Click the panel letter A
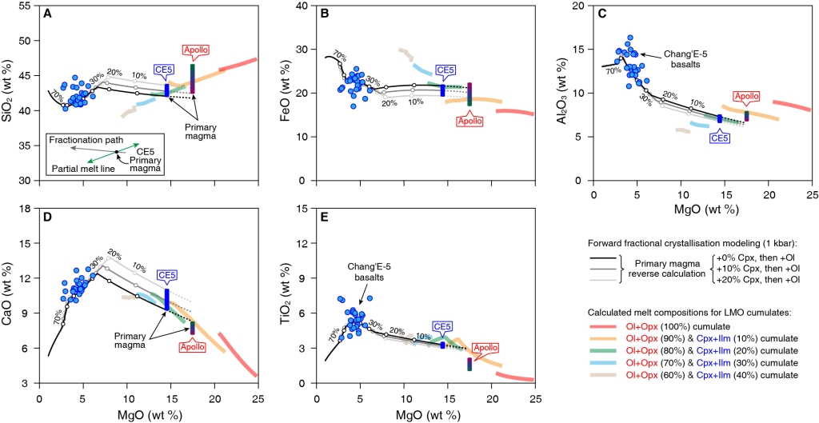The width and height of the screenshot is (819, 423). click(48, 14)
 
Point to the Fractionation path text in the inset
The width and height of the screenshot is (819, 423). click(80, 140)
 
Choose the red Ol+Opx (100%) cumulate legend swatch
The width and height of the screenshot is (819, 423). click(605, 327)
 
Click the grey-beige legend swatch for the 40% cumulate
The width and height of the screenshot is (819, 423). click(605, 375)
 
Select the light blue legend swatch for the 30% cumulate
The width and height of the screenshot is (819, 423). click(605, 363)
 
